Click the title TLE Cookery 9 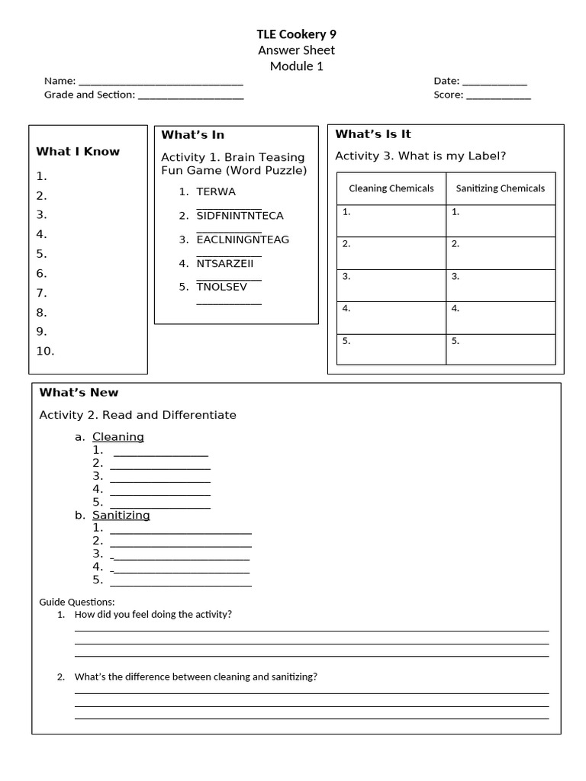click(296, 34)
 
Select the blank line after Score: click(498, 96)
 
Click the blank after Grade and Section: click(191, 96)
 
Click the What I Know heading click(78, 151)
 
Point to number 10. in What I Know click(45, 351)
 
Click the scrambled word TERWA click(216, 191)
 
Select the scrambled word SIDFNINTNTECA click(240, 216)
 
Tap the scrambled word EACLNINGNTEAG click(243, 239)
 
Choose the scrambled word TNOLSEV click(222, 287)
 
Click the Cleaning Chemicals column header click(391, 188)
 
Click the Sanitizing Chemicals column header click(501, 188)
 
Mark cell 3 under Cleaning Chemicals click(391, 285)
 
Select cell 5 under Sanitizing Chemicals click(501, 349)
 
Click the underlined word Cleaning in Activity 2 click(118, 437)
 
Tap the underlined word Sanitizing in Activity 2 click(121, 515)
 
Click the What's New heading click(79, 392)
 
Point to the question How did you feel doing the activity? click(153, 614)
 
